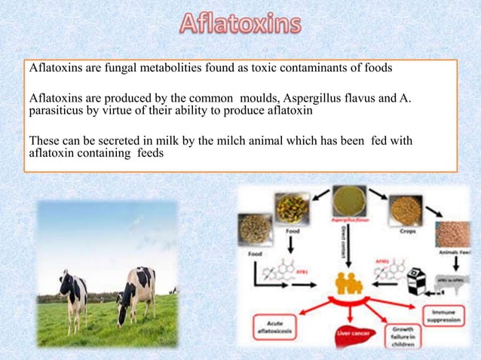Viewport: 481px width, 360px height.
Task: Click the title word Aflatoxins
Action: [240, 25]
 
